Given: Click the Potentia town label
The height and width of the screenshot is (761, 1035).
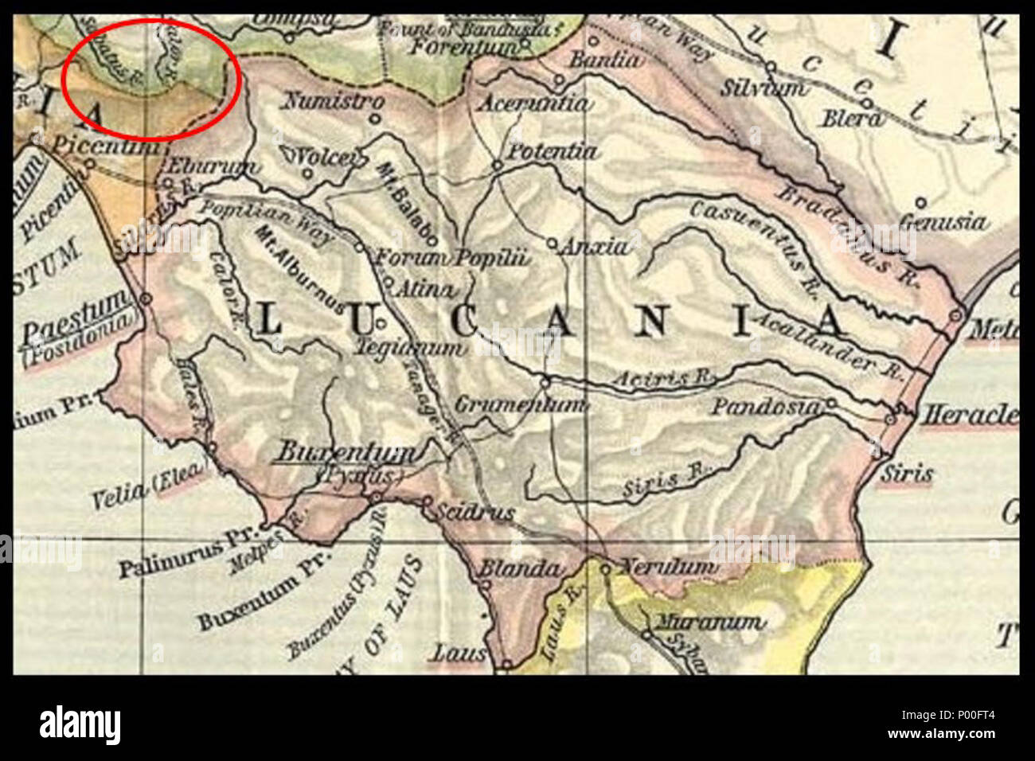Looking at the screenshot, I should pos(552,151).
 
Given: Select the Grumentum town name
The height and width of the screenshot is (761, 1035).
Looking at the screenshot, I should pos(521,404).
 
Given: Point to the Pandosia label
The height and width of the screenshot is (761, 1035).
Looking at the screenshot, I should pos(764,407).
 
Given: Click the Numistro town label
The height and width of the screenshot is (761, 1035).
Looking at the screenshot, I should pos(334,102).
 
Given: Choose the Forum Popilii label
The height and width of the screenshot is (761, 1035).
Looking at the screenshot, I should pos(451,258).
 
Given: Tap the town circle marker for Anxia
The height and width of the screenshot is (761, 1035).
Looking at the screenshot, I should pos(552,243).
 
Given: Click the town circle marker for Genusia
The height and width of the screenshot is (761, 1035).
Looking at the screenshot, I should pos(921,203).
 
